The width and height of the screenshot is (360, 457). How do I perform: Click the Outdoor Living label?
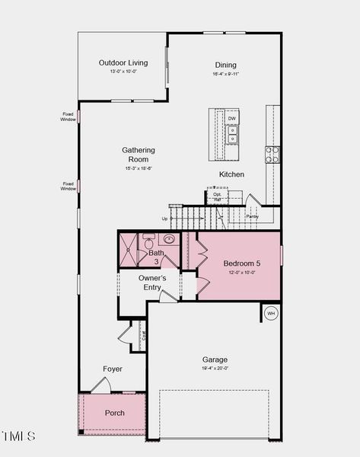click(123, 62)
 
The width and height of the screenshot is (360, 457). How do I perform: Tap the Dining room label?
click(225, 65)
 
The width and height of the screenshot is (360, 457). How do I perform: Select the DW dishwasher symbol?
click(232, 119)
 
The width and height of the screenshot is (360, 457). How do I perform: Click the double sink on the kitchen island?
click(232, 135)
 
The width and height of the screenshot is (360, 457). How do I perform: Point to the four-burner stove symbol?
click(272, 155)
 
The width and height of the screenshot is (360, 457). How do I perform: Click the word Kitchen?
click(231, 174)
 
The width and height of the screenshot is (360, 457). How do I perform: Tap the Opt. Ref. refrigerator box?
click(217, 197)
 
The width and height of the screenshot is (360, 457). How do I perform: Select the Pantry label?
click(252, 217)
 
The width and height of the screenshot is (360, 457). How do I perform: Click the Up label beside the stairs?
click(164, 219)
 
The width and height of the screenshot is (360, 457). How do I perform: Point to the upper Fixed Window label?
click(68, 117)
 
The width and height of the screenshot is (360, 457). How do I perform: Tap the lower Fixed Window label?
click(68, 186)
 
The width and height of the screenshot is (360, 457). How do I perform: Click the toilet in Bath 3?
click(149, 244)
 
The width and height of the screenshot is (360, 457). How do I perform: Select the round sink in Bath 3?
click(169, 239)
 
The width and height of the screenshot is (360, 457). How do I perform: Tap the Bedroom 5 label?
click(241, 264)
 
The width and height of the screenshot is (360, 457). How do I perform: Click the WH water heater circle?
click(271, 313)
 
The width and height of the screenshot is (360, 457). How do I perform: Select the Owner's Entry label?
click(152, 283)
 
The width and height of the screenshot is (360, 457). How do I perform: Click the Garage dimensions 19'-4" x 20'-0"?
click(214, 369)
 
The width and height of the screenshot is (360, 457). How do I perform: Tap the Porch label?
click(115, 413)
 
